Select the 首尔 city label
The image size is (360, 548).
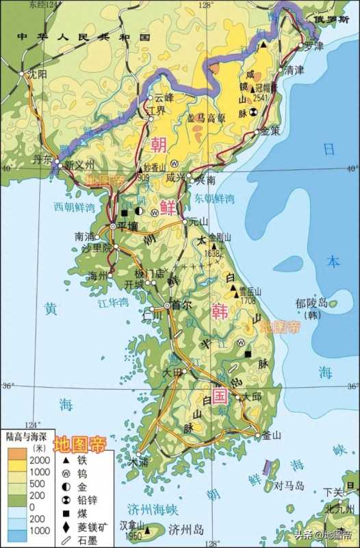tap(181, 306)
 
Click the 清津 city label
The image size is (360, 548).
tap(294, 70)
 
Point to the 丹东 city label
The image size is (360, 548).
tap(42, 160)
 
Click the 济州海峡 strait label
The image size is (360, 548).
tap(152, 509)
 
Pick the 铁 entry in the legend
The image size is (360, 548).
tap(83, 460)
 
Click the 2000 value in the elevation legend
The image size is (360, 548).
tap(38, 460)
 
